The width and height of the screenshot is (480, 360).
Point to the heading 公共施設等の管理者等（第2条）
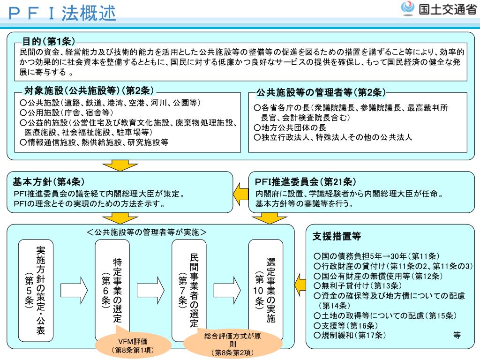pyautogui.click(x=321, y=92)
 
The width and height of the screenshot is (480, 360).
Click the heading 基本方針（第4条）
pyautogui.click(x=49, y=182)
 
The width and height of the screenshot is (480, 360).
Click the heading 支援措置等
pyautogui.click(x=337, y=237)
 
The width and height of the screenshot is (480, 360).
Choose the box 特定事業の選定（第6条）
pyautogui.click(x=112, y=290)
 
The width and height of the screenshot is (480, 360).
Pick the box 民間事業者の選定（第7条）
pyautogui.click(x=189, y=290)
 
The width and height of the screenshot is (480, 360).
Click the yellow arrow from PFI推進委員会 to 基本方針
pyautogui.click(x=240, y=192)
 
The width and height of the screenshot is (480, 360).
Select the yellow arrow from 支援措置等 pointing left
pyautogui.click(x=300, y=283)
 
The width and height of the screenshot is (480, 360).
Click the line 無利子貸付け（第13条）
pyautogui.click(x=358, y=285)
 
